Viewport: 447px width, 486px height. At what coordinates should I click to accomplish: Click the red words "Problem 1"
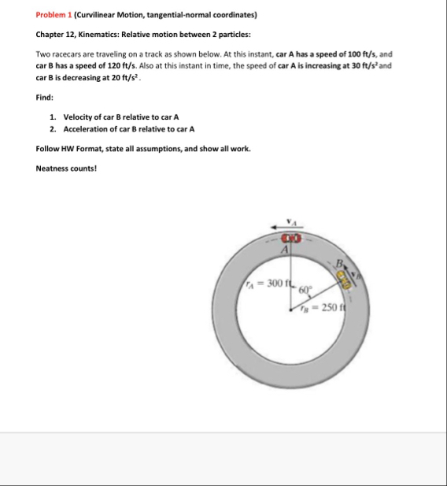click(x=54, y=15)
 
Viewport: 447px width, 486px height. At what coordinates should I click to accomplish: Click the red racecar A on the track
click(x=291, y=239)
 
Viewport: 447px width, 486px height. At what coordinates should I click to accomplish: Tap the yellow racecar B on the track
click(x=344, y=280)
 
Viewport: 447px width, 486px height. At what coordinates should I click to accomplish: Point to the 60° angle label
click(x=305, y=290)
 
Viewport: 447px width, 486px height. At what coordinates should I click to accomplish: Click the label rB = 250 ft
click(x=323, y=307)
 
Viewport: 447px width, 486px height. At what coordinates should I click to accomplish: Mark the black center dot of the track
click(x=290, y=310)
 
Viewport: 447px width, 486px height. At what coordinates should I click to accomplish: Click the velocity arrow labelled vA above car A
click(x=286, y=228)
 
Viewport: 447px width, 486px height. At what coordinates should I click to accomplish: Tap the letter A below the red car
click(x=285, y=250)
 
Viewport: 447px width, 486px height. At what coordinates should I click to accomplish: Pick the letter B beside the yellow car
click(x=339, y=264)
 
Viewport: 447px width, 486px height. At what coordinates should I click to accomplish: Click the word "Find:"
click(x=45, y=98)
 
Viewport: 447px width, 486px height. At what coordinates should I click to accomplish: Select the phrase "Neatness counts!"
click(x=66, y=169)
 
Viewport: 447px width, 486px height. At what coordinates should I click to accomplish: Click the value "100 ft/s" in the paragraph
click(x=361, y=54)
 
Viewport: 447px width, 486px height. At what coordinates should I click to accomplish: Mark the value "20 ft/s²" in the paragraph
click(x=125, y=77)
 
